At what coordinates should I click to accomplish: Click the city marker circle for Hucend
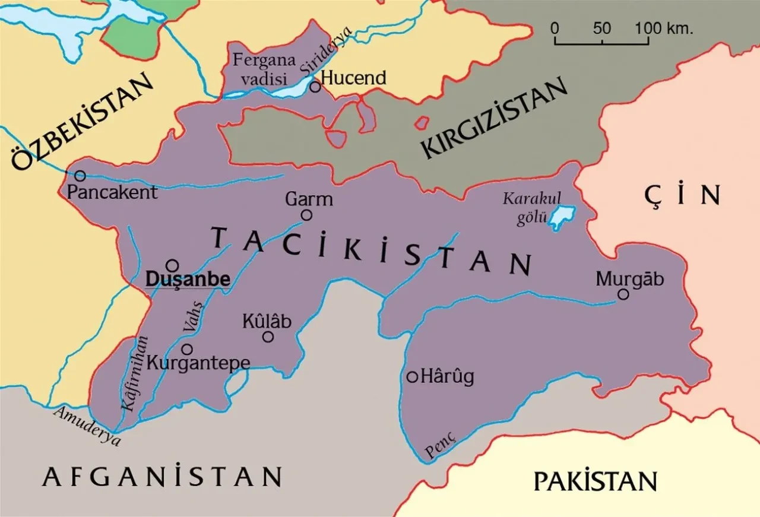tap(315, 87)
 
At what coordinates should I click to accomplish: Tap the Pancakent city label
tap(112, 192)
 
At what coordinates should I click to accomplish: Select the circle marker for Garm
tap(306, 215)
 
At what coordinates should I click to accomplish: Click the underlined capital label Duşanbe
tap(188, 278)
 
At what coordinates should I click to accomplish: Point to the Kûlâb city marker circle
tap(268, 337)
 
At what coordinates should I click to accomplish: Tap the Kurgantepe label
tap(198, 362)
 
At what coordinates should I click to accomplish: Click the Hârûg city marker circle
tap(413, 376)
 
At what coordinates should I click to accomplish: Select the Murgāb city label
tap(629, 279)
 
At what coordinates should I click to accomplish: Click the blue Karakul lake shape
tap(561, 217)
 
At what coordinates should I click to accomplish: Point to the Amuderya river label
tap(87, 426)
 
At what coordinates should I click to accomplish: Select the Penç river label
tap(441, 445)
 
